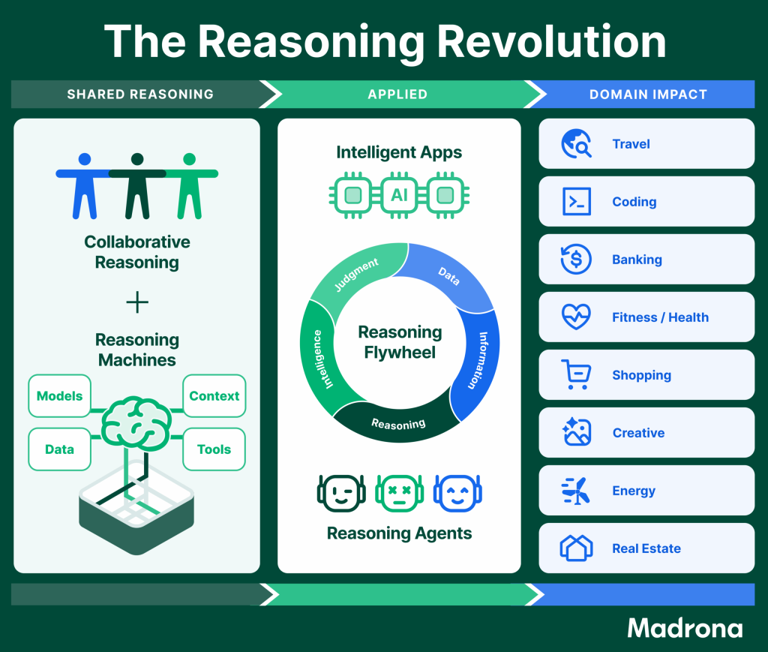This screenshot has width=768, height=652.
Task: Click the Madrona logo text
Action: pyautogui.click(x=685, y=628)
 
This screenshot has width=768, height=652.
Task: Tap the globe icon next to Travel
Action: pyautogui.click(x=576, y=143)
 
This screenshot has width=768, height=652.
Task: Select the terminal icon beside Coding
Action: pyautogui.click(x=577, y=201)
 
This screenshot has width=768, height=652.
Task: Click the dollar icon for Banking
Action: pyautogui.click(x=576, y=259)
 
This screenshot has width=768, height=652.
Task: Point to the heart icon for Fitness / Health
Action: pyautogui.click(x=576, y=317)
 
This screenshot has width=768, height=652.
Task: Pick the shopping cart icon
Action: pyautogui.click(x=576, y=374)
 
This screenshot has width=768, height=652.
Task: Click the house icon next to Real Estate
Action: pyautogui.click(x=576, y=548)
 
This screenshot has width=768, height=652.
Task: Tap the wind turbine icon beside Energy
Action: pyautogui.click(x=576, y=491)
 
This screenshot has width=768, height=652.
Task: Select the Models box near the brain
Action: pyautogui.click(x=60, y=396)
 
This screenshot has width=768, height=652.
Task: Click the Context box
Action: pyautogui.click(x=214, y=396)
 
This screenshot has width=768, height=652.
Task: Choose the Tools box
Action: pyautogui.click(x=214, y=449)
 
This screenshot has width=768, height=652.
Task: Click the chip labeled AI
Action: pyautogui.click(x=399, y=196)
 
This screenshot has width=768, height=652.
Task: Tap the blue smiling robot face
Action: pyautogui.click(x=457, y=493)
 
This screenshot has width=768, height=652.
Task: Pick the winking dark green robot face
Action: pyautogui.click(x=341, y=493)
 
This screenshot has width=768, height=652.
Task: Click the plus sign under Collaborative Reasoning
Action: pyautogui.click(x=137, y=302)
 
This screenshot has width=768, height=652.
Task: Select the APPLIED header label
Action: pyautogui.click(x=397, y=94)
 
